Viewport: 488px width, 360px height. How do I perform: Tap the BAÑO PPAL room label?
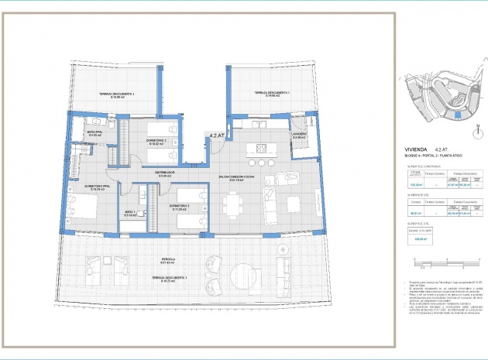click(96, 134)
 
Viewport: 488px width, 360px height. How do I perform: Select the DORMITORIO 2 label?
click(156, 141)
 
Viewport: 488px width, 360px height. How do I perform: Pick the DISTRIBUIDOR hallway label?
click(164, 173)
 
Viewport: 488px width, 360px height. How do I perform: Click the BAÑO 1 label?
click(130, 212)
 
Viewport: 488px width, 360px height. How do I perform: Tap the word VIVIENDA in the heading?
click(416, 149)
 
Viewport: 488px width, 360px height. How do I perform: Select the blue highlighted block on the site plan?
click(455, 115)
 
